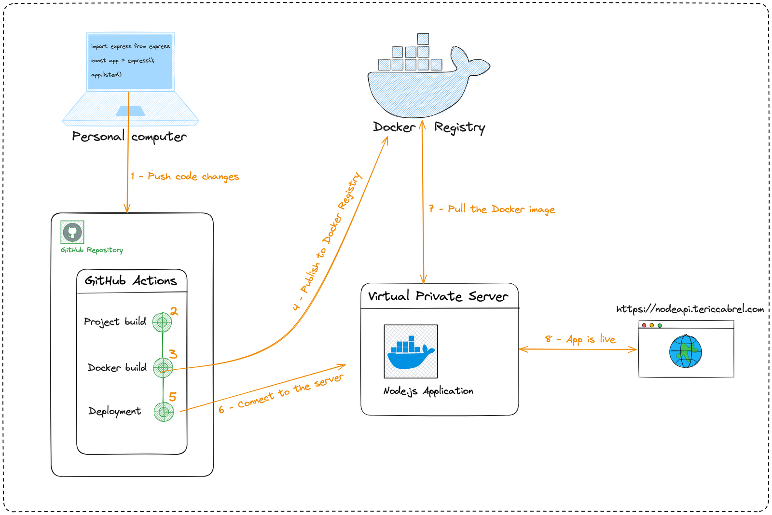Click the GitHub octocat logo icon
(72, 232)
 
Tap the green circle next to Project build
(162, 322)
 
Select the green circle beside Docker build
(163, 368)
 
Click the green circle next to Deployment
(164, 412)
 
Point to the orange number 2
(174, 311)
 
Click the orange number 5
(173, 397)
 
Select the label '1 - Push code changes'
(185, 177)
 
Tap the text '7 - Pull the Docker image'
(492, 209)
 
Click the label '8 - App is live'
(580, 339)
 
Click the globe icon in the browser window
(685, 351)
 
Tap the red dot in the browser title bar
(644, 325)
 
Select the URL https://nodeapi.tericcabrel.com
(690, 309)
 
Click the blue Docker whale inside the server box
(411, 352)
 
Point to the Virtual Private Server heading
(438, 296)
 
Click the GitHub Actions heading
(131, 280)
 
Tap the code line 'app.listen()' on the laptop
(106, 75)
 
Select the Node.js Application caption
(428, 391)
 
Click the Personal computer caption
(129, 137)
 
